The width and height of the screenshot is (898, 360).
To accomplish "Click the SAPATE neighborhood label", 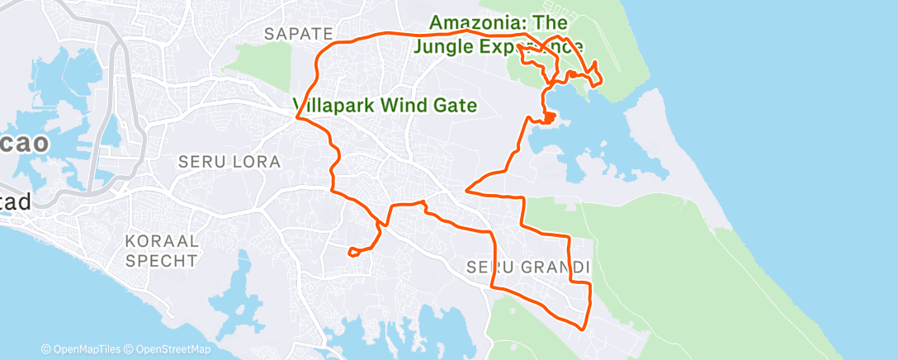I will click(x=298, y=34).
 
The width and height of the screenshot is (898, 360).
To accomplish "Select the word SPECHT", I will click(x=162, y=261).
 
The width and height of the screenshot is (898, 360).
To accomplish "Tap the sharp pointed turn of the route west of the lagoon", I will click(x=467, y=190).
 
